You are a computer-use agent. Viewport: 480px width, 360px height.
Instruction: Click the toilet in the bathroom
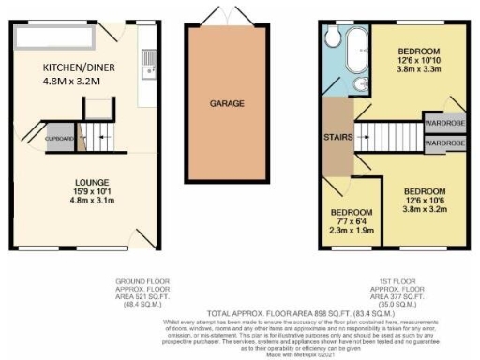pyautogui.click(x=334, y=37)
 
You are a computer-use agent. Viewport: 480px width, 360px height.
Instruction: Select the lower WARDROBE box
pyautogui.click(x=444, y=143)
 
